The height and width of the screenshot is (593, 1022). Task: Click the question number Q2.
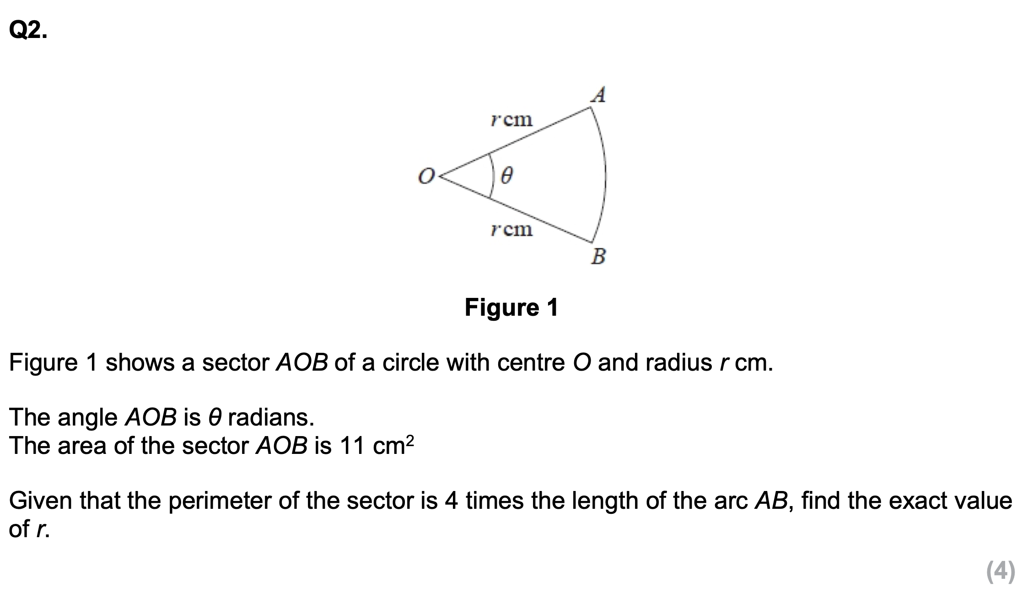click(27, 31)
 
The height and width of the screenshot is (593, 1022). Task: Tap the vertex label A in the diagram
click(598, 95)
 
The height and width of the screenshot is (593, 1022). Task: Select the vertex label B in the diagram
click(598, 256)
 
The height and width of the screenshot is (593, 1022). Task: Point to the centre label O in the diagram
click(425, 176)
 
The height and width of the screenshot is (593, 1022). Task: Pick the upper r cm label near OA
click(511, 120)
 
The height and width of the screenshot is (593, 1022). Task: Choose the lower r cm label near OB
click(511, 229)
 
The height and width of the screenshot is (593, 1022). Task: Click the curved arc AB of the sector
click(605, 176)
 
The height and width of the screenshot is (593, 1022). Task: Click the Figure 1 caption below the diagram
click(511, 307)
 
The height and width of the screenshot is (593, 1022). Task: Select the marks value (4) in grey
click(1000, 571)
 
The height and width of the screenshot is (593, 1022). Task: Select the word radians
click(271, 417)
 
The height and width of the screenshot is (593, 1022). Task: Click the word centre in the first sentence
click(531, 362)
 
